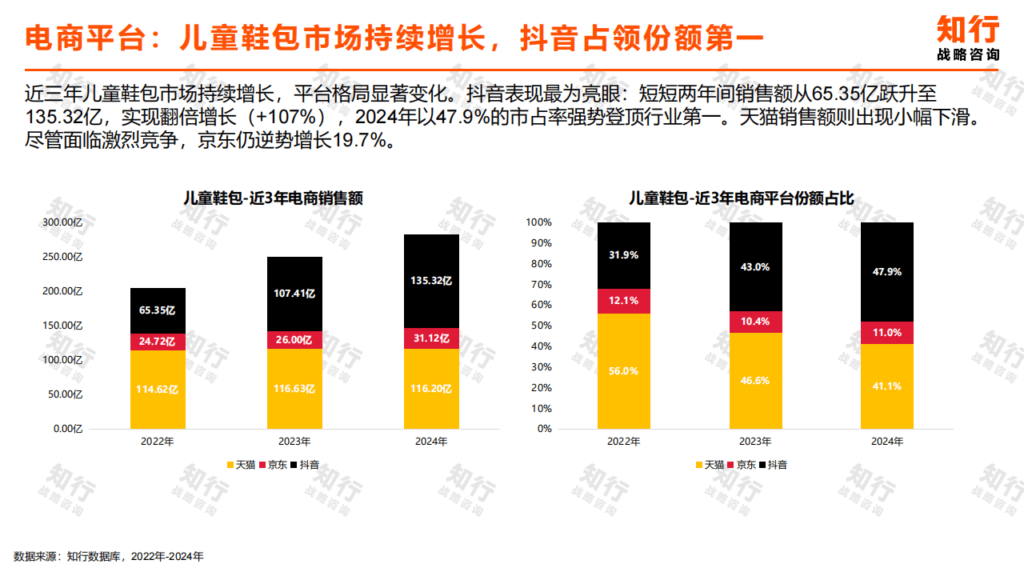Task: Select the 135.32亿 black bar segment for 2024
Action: coord(431,281)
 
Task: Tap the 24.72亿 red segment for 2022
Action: coord(158,342)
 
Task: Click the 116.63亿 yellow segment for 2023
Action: coord(294,389)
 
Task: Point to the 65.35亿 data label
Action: coord(158,310)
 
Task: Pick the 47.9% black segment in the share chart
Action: coord(886,272)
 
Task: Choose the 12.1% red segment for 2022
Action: coord(623,301)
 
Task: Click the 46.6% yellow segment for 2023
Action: coord(755,381)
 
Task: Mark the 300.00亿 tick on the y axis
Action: coord(62,222)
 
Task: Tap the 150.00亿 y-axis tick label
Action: coord(62,326)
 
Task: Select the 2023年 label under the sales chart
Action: coord(294,442)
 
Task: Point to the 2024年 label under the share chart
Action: coord(886,442)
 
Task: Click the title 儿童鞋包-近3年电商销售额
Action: coord(273,198)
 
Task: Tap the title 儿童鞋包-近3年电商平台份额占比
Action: coord(741,198)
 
